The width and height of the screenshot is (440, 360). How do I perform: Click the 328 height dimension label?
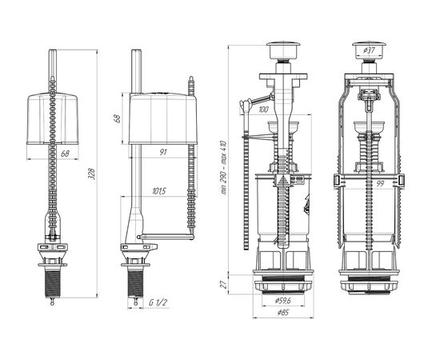point(93,174)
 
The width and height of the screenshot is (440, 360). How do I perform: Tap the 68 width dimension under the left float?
point(65,154)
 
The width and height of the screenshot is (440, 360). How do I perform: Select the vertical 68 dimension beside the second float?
point(118,118)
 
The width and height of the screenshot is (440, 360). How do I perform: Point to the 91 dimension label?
point(163,152)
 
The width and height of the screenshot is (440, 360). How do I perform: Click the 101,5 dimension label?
point(159,191)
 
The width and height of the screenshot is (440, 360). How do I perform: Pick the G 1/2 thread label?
point(158,302)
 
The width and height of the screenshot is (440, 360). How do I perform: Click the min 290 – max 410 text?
point(225,167)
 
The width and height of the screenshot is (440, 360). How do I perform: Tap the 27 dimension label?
point(223,285)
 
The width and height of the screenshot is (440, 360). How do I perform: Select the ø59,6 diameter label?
point(283,301)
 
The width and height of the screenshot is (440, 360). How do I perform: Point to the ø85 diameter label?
point(283,312)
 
